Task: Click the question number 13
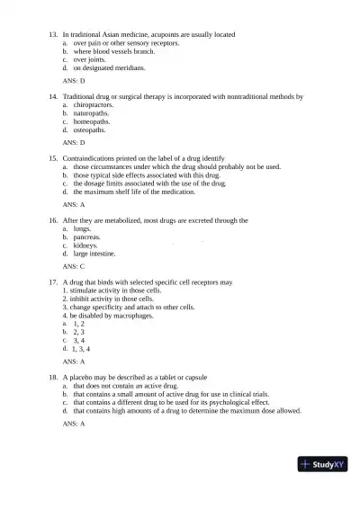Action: (52, 34)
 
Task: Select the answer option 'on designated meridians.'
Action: (107, 67)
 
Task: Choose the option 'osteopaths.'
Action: (89, 129)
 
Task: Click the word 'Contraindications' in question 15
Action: (93, 157)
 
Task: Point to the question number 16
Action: (52, 219)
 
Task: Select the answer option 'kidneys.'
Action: (86, 245)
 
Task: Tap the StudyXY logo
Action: (324, 465)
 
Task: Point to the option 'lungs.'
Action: (84, 228)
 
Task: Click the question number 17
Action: (52, 281)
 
